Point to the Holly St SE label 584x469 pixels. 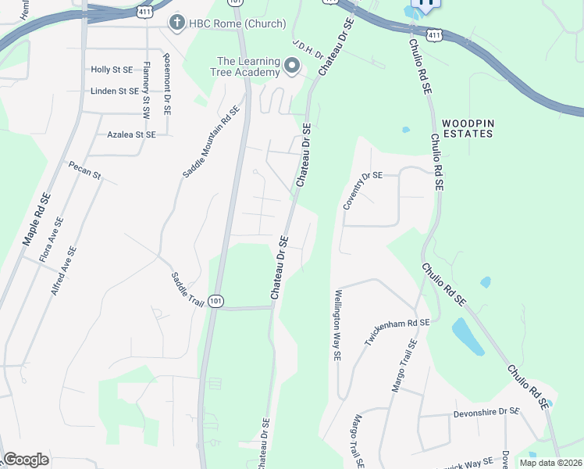pos(112,70)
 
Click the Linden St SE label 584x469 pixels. pos(114,91)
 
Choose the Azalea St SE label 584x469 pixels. pos(131,134)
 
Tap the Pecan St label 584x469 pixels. pos(85,170)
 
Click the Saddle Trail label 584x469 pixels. pos(187,288)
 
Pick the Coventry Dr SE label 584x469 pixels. pos(363,191)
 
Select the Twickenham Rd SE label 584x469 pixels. pos(397,333)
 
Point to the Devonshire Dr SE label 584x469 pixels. pos(486,411)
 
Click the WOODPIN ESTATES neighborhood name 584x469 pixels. pos(468,129)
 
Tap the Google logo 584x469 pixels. pos(27,460)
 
